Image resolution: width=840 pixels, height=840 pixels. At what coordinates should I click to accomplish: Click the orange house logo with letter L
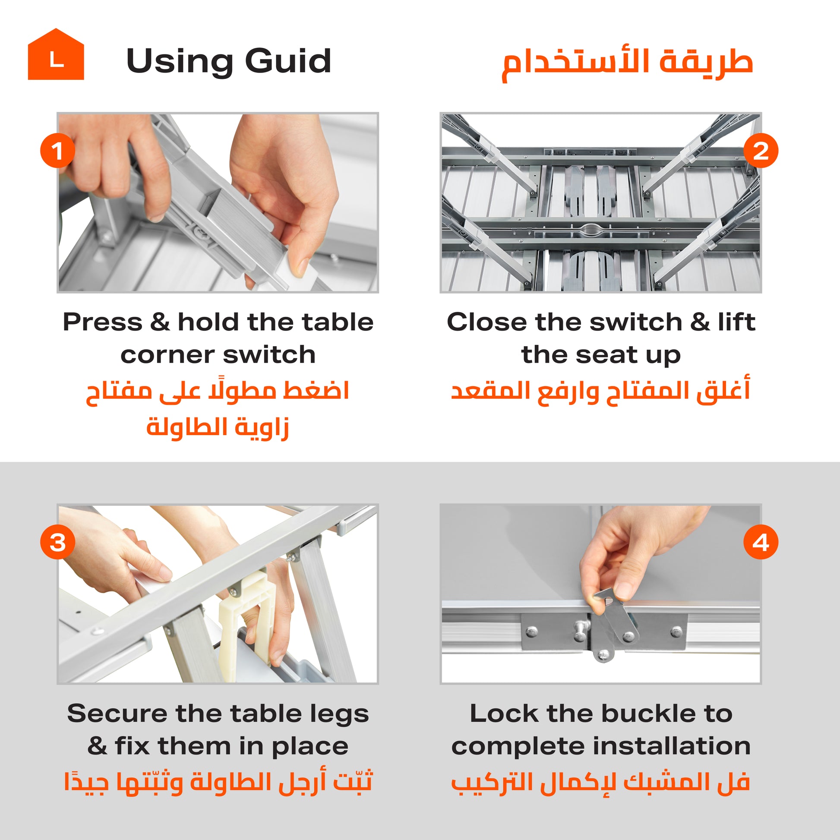pyautogui.click(x=56, y=54)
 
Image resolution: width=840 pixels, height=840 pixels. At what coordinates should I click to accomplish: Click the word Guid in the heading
pyautogui.click(x=288, y=61)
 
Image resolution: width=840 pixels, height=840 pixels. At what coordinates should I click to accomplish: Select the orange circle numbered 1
pyautogui.click(x=57, y=151)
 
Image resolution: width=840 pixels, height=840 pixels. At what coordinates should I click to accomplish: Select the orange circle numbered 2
pyautogui.click(x=761, y=151)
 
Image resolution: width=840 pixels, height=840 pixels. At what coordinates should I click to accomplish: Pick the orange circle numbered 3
pyautogui.click(x=57, y=542)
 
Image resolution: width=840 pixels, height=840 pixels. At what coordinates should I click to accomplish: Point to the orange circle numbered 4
pyautogui.click(x=761, y=542)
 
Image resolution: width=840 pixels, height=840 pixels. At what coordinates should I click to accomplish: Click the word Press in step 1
pyautogui.click(x=103, y=322)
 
